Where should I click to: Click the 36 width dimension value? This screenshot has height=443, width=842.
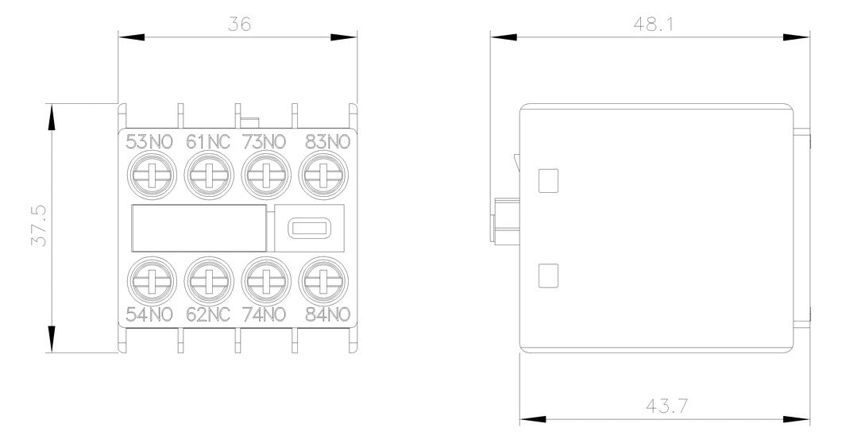[239, 24]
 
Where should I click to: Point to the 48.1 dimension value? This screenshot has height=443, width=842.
[653, 24]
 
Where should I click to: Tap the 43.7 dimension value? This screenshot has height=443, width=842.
[666, 406]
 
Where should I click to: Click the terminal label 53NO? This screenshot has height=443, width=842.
[149, 142]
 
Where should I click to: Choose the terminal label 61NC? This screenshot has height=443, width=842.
[208, 142]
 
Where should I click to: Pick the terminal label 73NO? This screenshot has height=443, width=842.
[264, 142]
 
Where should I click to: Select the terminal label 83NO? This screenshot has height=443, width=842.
[327, 142]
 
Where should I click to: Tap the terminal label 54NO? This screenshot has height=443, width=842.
[149, 314]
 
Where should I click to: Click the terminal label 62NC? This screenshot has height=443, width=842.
[208, 314]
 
